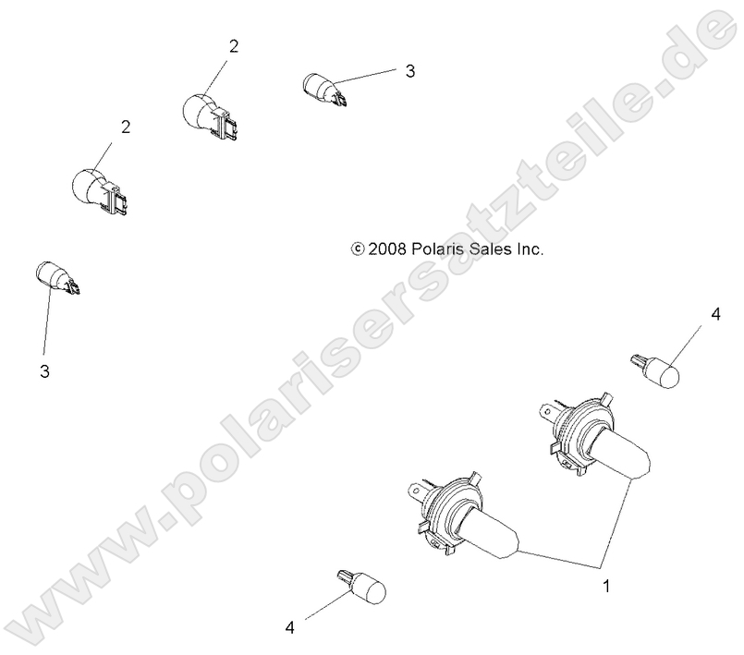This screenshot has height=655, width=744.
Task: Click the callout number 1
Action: click(x=606, y=586)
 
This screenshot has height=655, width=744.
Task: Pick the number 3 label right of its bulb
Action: click(x=409, y=70)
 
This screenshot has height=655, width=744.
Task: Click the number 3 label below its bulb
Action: click(x=43, y=371)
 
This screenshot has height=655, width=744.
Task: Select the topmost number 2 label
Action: click(x=234, y=46)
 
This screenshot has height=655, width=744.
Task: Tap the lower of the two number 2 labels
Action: click(x=125, y=126)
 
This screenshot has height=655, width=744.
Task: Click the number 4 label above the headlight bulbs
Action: click(x=714, y=316)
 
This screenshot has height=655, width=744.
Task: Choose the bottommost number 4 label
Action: click(x=290, y=627)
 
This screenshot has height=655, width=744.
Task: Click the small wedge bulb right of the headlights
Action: click(x=657, y=370)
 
